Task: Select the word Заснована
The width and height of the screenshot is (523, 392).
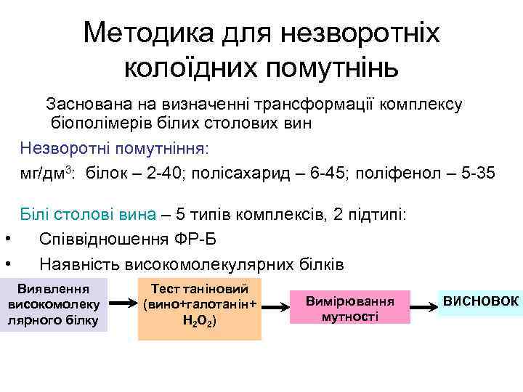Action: click(x=88, y=105)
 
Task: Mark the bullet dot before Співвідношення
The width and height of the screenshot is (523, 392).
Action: click(x=7, y=239)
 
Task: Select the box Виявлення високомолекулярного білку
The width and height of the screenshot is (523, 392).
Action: click(x=53, y=304)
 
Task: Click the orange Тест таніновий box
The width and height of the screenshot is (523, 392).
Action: click(x=200, y=309)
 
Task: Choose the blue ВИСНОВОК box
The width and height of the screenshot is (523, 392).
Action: click(x=480, y=301)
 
